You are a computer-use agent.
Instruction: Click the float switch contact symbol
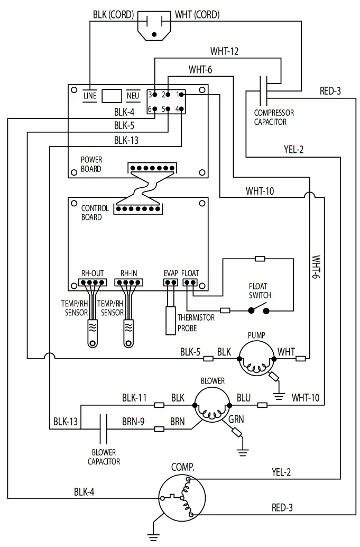click(259, 310)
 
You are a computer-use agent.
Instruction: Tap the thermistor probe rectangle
click(170, 320)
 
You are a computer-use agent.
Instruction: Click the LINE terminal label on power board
click(90, 96)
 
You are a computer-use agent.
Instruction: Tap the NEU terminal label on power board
click(133, 96)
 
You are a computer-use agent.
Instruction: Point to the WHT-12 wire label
click(225, 51)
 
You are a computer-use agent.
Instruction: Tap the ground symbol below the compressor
click(153, 537)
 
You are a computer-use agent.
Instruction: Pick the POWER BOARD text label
click(91, 164)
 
